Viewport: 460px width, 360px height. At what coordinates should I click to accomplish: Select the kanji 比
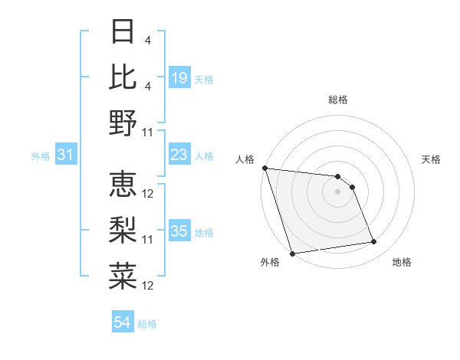[x=123, y=77]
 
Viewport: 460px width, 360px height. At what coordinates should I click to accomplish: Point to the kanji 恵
[x=123, y=185]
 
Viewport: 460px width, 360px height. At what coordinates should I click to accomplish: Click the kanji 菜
[x=123, y=276]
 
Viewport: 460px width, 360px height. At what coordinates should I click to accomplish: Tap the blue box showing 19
[x=179, y=78]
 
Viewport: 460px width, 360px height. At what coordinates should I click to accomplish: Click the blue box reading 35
[x=179, y=231]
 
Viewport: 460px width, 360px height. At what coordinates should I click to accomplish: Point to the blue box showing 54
[x=123, y=323]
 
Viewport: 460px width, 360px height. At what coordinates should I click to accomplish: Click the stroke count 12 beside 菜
[x=148, y=286]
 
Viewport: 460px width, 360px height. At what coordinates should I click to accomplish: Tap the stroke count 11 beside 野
[x=148, y=132]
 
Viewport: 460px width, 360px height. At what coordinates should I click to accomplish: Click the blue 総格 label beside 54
[x=147, y=324]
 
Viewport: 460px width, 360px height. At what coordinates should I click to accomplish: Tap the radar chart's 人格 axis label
[x=245, y=159]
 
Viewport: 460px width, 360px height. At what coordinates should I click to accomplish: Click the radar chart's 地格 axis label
[x=402, y=262]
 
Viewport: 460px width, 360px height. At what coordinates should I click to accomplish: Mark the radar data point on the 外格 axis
[x=292, y=254]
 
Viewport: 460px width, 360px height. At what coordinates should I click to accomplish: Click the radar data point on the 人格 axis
[x=264, y=168]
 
